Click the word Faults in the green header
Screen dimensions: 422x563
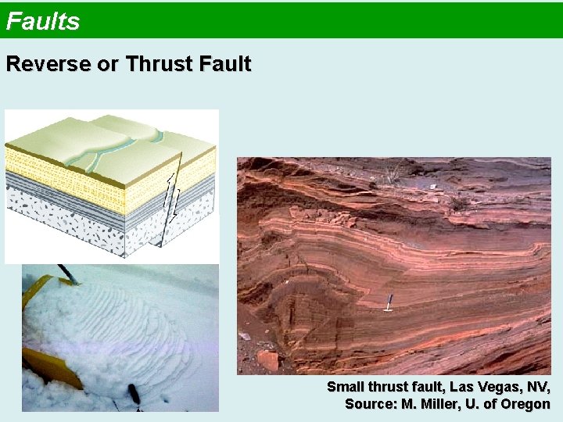coord(43,21)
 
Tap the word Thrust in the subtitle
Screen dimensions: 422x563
coord(160,64)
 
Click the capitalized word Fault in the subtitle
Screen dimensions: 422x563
coord(224,64)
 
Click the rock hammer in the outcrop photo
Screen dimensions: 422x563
coord(388,303)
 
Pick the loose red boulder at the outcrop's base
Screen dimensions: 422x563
coord(267,359)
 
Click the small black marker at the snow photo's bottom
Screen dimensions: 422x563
coord(134,395)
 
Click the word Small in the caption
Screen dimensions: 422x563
coord(344,388)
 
